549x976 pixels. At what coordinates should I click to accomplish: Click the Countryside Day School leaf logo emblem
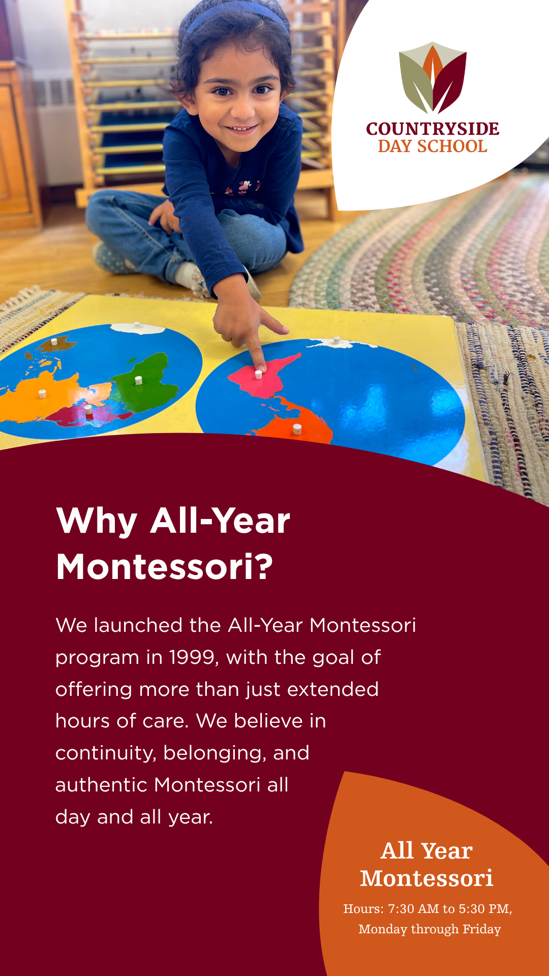433,78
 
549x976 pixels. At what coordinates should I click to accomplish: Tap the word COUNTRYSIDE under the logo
433,129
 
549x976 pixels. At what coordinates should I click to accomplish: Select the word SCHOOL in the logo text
452,146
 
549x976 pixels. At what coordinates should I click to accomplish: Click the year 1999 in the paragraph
194,657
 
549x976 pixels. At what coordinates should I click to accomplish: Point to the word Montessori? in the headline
165,567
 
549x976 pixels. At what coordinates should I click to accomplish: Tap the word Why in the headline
97,522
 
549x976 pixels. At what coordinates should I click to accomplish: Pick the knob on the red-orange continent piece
297,429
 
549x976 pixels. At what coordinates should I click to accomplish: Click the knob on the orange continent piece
42,393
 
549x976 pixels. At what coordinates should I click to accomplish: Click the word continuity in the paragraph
105,753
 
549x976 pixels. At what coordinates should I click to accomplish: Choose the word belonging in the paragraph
215,753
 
